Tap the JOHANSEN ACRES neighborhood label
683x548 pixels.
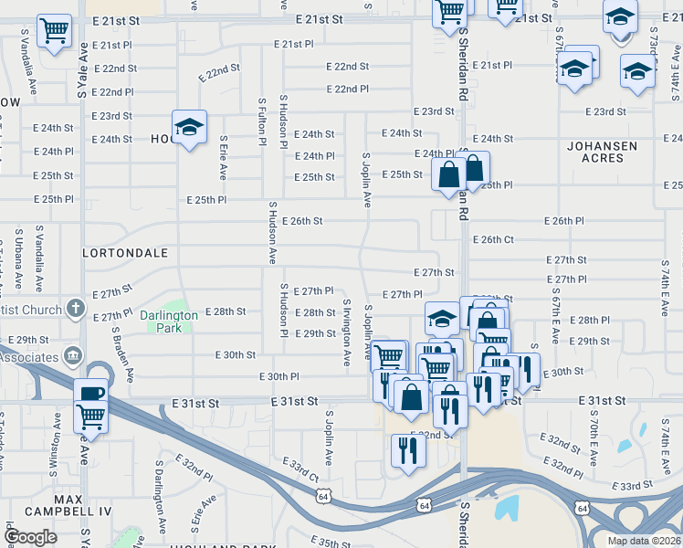click(607, 152)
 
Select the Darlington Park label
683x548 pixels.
click(169, 321)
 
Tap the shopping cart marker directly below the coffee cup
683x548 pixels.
click(90, 418)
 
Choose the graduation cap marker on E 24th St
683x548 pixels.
click(189, 128)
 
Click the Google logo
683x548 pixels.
click(30, 537)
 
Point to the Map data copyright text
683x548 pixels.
click(643, 541)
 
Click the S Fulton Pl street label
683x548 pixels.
click(262, 123)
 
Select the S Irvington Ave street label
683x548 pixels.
click(346, 332)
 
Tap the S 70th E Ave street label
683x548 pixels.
click(593, 441)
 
